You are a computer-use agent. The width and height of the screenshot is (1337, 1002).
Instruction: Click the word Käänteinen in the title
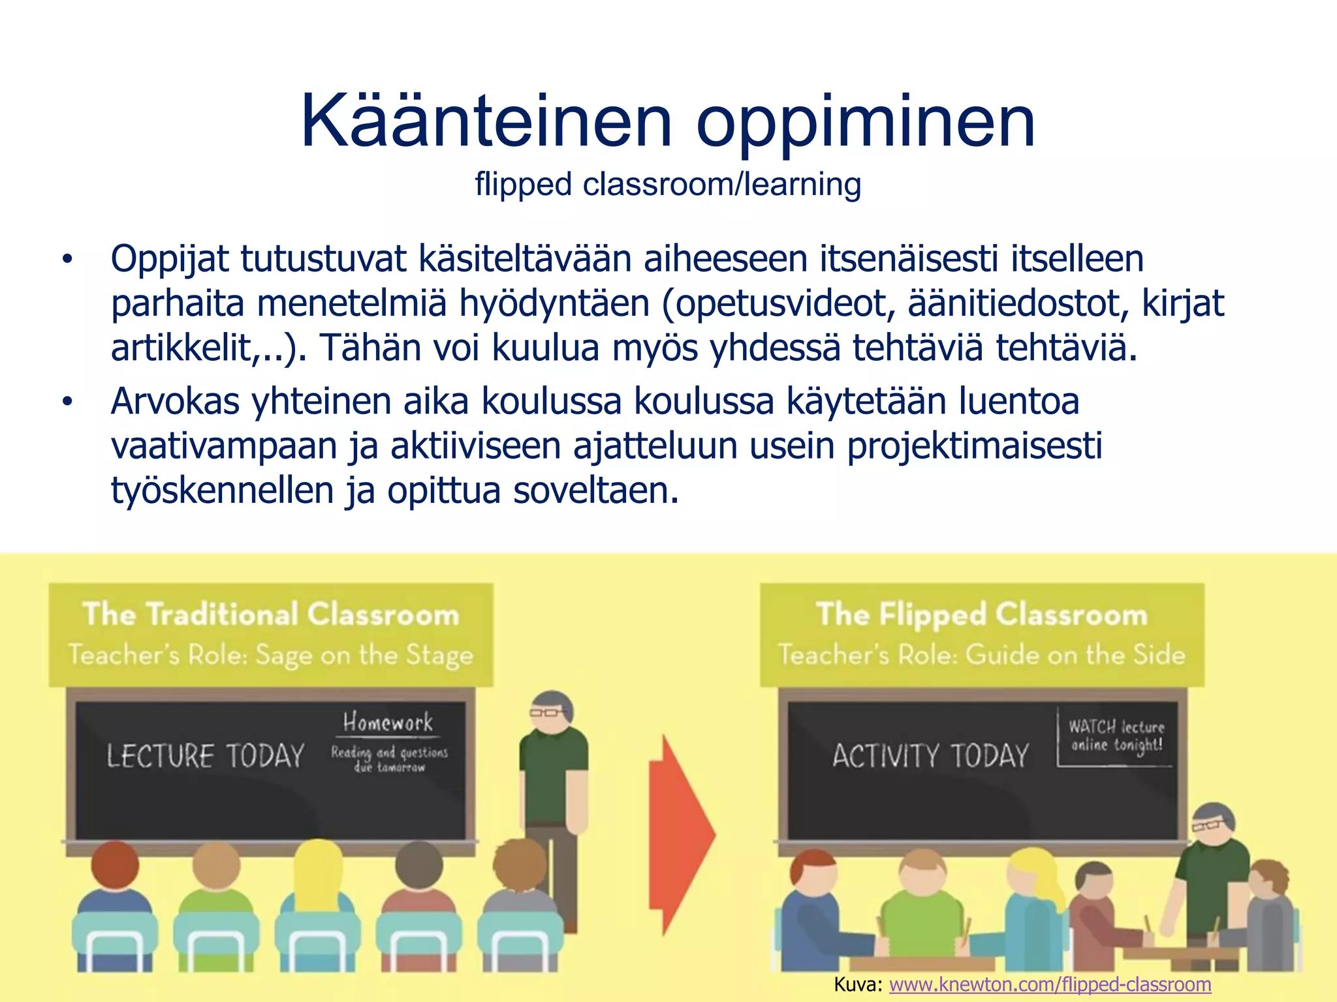point(486,121)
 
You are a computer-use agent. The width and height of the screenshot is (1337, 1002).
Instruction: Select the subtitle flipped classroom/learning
point(668,185)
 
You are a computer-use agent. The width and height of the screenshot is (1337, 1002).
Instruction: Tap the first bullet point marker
point(67,260)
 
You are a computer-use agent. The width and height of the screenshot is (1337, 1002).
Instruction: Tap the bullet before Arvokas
point(67,402)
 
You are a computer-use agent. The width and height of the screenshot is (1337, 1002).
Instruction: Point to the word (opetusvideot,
point(778,304)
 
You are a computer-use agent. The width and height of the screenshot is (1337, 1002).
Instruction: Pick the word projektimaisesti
point(974,447)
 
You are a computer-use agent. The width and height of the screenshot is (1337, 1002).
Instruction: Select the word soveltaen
point(595,491)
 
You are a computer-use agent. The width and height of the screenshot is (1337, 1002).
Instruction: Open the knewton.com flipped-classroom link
point(1050,984)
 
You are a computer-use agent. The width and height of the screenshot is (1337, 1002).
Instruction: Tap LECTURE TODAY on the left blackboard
point(205,756)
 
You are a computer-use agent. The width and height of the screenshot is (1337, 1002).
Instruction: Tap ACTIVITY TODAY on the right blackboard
point(930,756)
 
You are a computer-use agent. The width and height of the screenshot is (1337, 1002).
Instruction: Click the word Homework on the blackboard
point(388,722)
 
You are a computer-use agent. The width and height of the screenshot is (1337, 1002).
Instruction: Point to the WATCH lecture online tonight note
point(1116,736)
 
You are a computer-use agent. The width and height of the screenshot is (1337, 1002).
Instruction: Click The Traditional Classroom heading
point(271,615)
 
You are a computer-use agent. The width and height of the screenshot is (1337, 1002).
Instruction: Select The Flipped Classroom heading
point(981,615)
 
